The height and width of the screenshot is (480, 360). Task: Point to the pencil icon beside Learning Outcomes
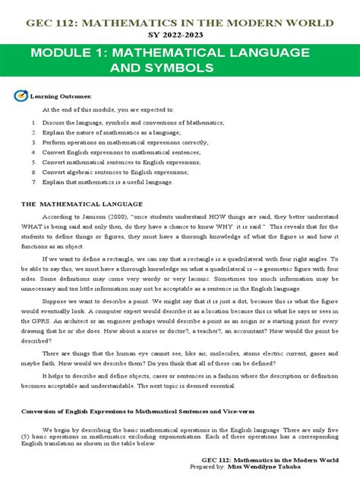coord(21,96)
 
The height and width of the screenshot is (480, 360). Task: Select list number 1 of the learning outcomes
coord(34,122)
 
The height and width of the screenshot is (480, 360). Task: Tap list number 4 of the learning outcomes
coord(34,152)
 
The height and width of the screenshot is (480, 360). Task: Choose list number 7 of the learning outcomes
coord(34,182)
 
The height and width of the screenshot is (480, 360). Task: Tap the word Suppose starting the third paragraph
coord(55,300)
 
